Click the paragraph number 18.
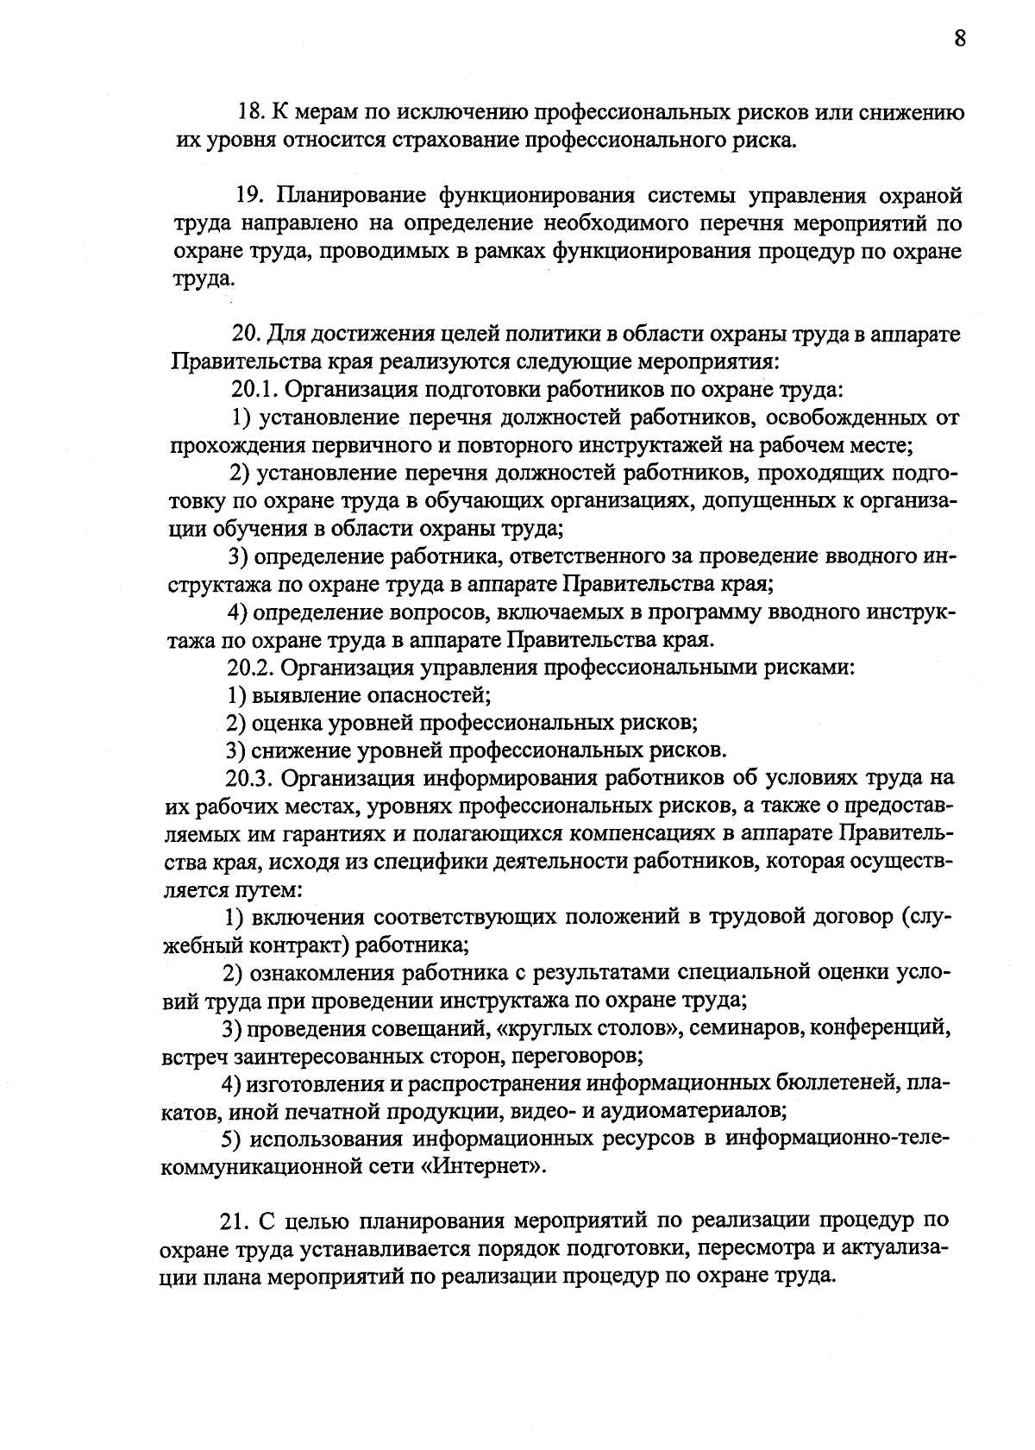click(249, 113)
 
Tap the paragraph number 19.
click(249, 197)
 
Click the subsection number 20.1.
click(251, 390)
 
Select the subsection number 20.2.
click(249, 667)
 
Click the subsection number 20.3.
click(249, 778)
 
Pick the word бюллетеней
click(842, 1083)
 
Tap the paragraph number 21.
click(234, 1221)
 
